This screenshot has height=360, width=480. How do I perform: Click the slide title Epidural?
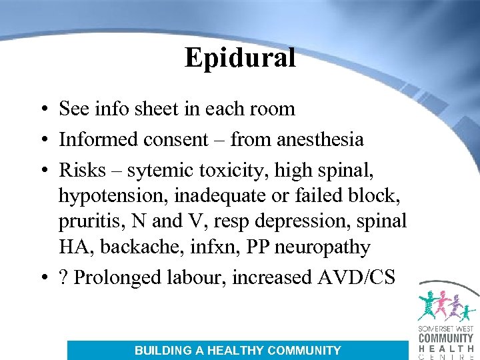coord(240,58)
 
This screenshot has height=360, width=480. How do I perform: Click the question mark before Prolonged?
coord(63,277)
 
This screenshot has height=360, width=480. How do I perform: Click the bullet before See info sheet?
coord(42,109)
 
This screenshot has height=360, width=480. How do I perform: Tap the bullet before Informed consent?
coord(42,139)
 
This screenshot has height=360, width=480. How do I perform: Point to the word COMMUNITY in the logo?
coord(446,339)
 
